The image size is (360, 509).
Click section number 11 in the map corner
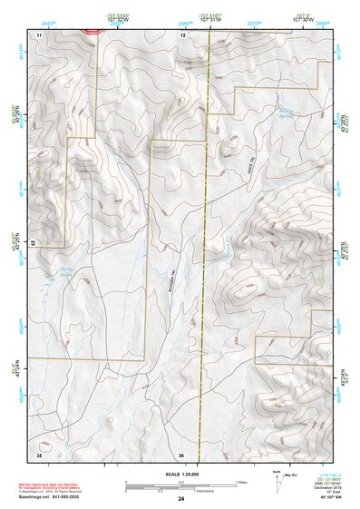point(39,34)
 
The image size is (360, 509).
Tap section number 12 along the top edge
point(182,34)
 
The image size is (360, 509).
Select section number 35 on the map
point(39,454)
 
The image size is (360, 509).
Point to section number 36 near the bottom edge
point(182,454)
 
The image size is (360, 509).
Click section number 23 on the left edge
point(34,242)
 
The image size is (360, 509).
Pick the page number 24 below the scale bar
point(181,499)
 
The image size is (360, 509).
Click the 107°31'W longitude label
point(210,21)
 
